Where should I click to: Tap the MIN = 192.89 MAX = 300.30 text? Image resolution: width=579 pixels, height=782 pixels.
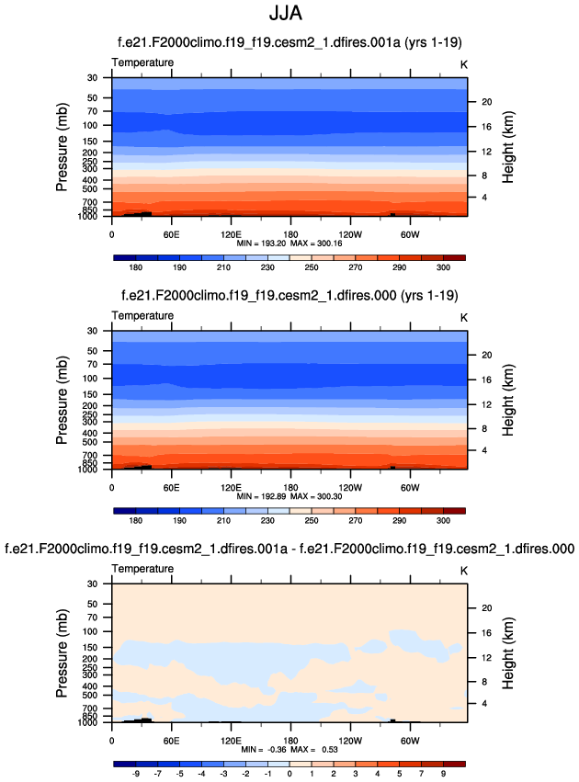tap(289, 495)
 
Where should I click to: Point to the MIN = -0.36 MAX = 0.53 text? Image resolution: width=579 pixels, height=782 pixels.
tap(289, 749)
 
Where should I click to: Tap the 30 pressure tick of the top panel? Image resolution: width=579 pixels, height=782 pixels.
tap(92, 77)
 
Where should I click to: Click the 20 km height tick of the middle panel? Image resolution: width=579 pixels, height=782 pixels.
tap(487, 355)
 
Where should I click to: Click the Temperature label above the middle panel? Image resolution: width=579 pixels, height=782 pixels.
tap(142, 315)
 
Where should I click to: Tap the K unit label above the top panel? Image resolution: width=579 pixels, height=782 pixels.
tap(463, 62)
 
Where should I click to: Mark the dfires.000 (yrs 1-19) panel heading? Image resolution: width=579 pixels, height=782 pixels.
tap(289, 295)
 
